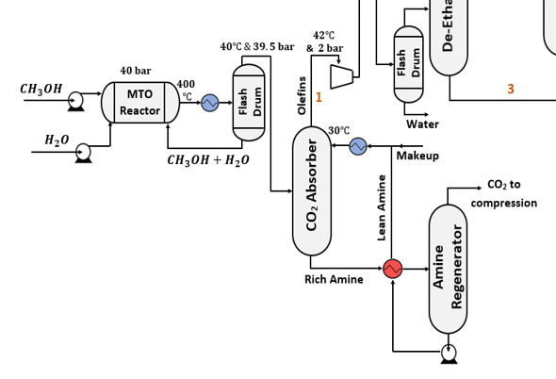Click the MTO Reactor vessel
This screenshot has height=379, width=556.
[139, 102]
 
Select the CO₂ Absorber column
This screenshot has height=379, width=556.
[312, 191]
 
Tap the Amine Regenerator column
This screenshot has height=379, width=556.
[448, 269]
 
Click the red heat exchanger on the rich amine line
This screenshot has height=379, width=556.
[392, 269]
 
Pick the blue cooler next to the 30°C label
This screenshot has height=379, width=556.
[358, 146]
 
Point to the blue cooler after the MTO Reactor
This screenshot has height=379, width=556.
[210, 102]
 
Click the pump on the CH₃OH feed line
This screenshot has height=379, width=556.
[75, 101]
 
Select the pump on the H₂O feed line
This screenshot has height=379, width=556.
[83, 152]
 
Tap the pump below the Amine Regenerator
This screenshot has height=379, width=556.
[449, 353]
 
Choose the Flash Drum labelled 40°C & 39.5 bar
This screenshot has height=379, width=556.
[249, 102]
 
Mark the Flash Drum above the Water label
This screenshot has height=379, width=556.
[408, 64]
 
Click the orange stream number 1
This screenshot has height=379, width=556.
[319, 97]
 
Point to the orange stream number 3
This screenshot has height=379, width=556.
[511, 90]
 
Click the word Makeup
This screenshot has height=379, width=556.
[417, 156]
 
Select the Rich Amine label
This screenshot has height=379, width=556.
[334, 280]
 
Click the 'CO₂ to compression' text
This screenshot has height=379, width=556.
[505, 194]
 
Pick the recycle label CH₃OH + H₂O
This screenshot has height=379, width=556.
[208, 160]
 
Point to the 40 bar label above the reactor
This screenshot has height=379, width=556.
[136, 71]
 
